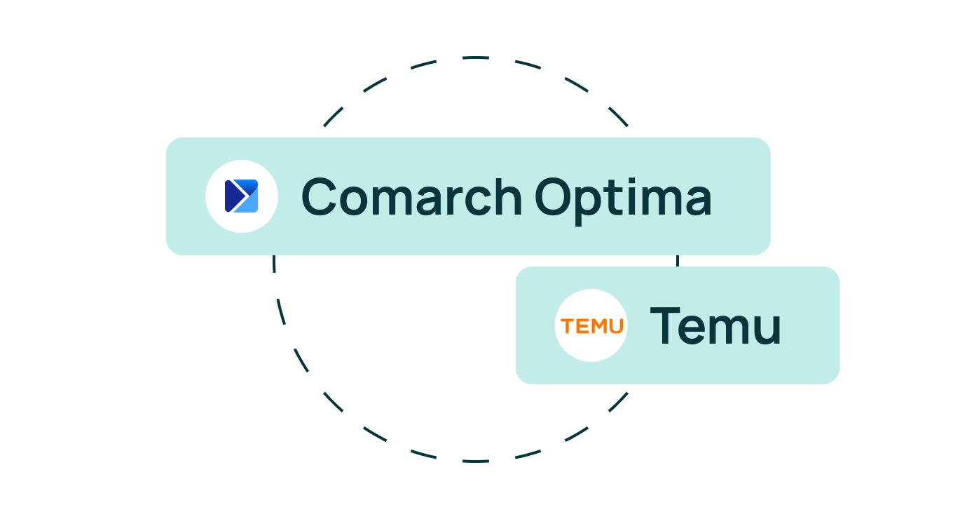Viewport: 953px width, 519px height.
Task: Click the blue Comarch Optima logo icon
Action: [x=241, y=196]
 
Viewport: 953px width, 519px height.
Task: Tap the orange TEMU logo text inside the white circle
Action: [x=592, y=326]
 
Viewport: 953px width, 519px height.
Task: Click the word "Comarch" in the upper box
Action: [x=411, y=196]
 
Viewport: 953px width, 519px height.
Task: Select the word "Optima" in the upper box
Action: [x=623, y=201]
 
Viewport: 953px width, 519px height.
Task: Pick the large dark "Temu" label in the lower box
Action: [x=715, y=325]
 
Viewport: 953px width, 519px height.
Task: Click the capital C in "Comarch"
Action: [x=319, y=196]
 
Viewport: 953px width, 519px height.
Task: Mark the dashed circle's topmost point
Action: [x=476, y=57]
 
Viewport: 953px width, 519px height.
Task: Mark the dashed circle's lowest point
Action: [x=476, y=461]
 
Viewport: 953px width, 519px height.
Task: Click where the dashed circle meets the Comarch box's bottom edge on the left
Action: [x=274, y=255]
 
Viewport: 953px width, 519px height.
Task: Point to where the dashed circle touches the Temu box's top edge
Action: [x=678, y=267]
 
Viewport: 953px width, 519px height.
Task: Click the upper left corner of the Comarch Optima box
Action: [x=166, y=138]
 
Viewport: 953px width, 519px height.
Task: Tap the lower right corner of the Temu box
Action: [x=839, y=384]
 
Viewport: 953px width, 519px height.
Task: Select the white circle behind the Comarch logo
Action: [x=242, y=196]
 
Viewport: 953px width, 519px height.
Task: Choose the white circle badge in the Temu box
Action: [x=591, y=325]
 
